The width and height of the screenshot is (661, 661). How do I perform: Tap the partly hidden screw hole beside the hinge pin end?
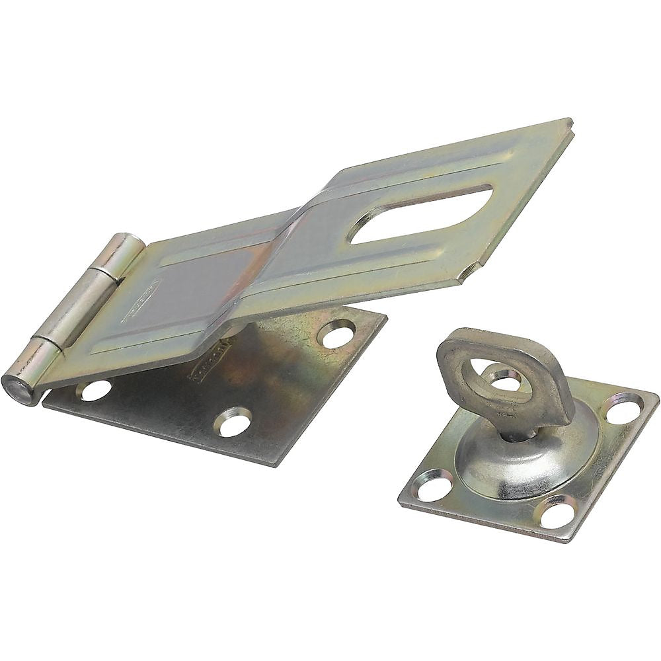coord(95,390)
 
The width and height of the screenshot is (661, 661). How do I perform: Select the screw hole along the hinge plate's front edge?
coord(233,421)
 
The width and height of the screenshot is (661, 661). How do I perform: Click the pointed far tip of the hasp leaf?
coord(570,123)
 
